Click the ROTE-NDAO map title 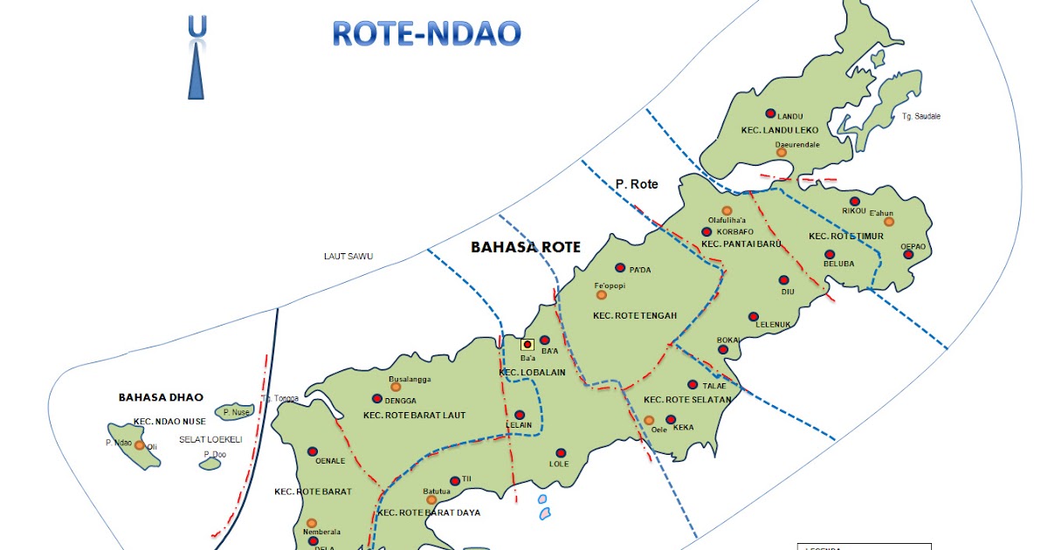(426, 33)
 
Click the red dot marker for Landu (770, 113)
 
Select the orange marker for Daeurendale (782, 152)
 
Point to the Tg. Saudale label (920, 117)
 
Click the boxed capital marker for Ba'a (527, 345)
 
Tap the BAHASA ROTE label (525, 247)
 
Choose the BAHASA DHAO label (154, 397)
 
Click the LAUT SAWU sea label (348, 256)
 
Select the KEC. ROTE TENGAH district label (634, 315)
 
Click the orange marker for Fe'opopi (601, 295)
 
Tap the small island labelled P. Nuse (235, 411)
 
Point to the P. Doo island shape (210, 464)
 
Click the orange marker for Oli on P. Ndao (140, 445)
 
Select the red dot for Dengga (377, 398)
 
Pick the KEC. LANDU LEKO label (779, 130)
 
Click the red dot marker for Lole (561, 452)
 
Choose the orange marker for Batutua (431, 501)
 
